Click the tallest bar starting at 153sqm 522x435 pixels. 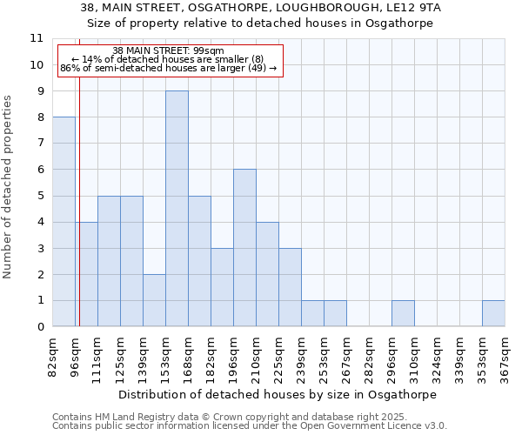click(x=177, y=209)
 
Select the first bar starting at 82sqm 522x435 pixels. click(x=64, y=222)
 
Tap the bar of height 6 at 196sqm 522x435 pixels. click(x=244, y=248)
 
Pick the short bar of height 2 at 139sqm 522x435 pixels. click(x=154, y=300)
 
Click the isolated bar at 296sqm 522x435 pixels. click(x=403, y=313)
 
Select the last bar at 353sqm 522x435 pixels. click(x=493, y=313)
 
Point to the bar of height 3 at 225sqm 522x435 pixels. click(x=290, y=287)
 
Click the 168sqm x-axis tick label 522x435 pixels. click(x=189, y=355)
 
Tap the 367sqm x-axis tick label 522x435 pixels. click(x=505, y=355)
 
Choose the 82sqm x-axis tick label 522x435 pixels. click(x=53, y=355)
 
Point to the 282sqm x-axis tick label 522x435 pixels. click(x=370, y=355)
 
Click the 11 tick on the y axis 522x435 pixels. click(x=37, y=38)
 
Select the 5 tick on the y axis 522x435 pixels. click(x=40, y=196)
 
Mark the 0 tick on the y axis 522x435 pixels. click(x=40, y=327)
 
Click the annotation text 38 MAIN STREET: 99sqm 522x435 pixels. click(x=169, y=50)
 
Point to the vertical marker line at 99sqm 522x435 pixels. click(x=79, y=217)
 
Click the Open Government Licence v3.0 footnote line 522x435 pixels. click(x=250, y=426)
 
